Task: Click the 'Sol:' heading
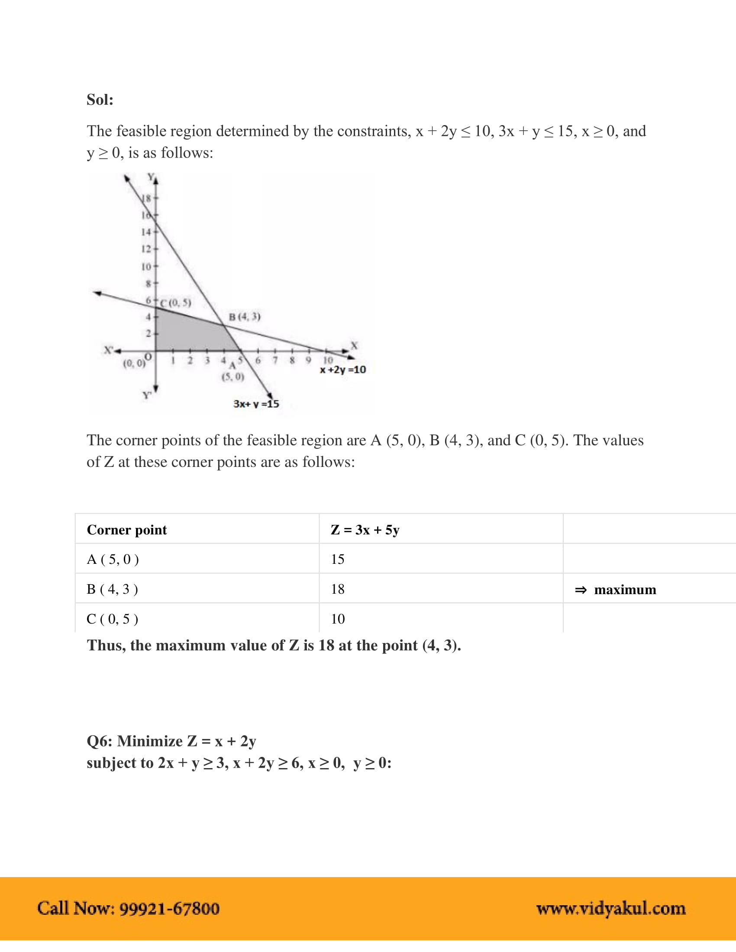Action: point(100,100)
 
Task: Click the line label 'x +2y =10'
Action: point(343,370)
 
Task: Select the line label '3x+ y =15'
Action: point(256,404)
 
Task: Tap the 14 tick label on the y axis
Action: point(146,232)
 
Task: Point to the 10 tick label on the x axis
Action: point(327,360)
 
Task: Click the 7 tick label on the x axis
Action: point(275,360)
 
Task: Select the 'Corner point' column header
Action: point(127,530)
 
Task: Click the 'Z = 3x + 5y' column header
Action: point(365,530)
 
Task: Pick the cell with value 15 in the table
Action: point(338,559)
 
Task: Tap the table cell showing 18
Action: point(338,589)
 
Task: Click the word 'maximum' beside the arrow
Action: point(625,590)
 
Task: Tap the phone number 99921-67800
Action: point(170,909)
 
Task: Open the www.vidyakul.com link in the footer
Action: point(611,909)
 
